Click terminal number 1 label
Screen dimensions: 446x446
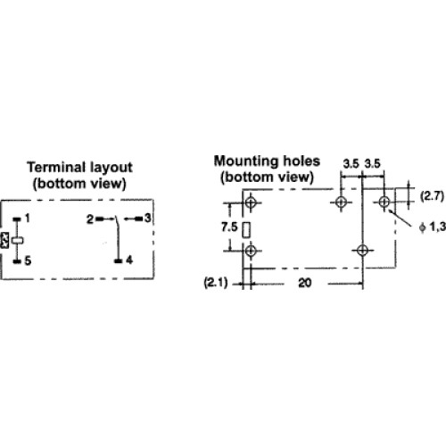28,219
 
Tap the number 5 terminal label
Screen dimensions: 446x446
28,260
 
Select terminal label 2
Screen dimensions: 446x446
90,219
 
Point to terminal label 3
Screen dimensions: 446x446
148,219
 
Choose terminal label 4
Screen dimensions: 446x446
129,260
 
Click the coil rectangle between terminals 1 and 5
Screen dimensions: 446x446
18,241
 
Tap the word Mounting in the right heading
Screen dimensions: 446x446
246,161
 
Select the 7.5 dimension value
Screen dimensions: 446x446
229,227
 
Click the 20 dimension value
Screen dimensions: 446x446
305,283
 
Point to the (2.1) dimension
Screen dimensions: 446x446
216,282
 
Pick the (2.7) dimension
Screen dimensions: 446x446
432,196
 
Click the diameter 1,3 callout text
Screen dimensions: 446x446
433,227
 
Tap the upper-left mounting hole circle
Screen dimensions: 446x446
251,202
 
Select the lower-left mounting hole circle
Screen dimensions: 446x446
251,251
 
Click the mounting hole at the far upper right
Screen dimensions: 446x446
384,202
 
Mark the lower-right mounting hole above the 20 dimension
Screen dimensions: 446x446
362,251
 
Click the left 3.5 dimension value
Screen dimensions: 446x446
351,164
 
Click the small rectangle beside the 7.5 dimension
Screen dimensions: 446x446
246,230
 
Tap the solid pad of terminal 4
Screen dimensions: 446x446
119,261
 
